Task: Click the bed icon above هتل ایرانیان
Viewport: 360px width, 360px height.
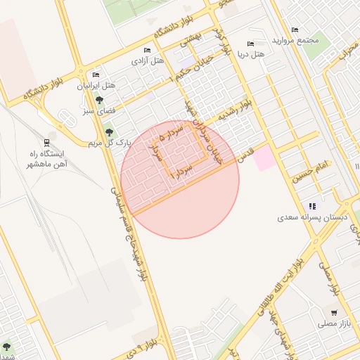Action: point(96,75)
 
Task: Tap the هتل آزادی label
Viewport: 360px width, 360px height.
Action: point(148,60)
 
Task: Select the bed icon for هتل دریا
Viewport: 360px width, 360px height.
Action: point(251,44)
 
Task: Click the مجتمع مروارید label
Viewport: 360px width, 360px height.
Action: point(298,39)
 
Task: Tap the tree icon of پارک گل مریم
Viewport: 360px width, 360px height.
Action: point(108,131)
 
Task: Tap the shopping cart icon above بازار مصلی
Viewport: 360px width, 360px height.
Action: point(333,312)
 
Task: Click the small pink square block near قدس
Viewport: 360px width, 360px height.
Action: point(264,158)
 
